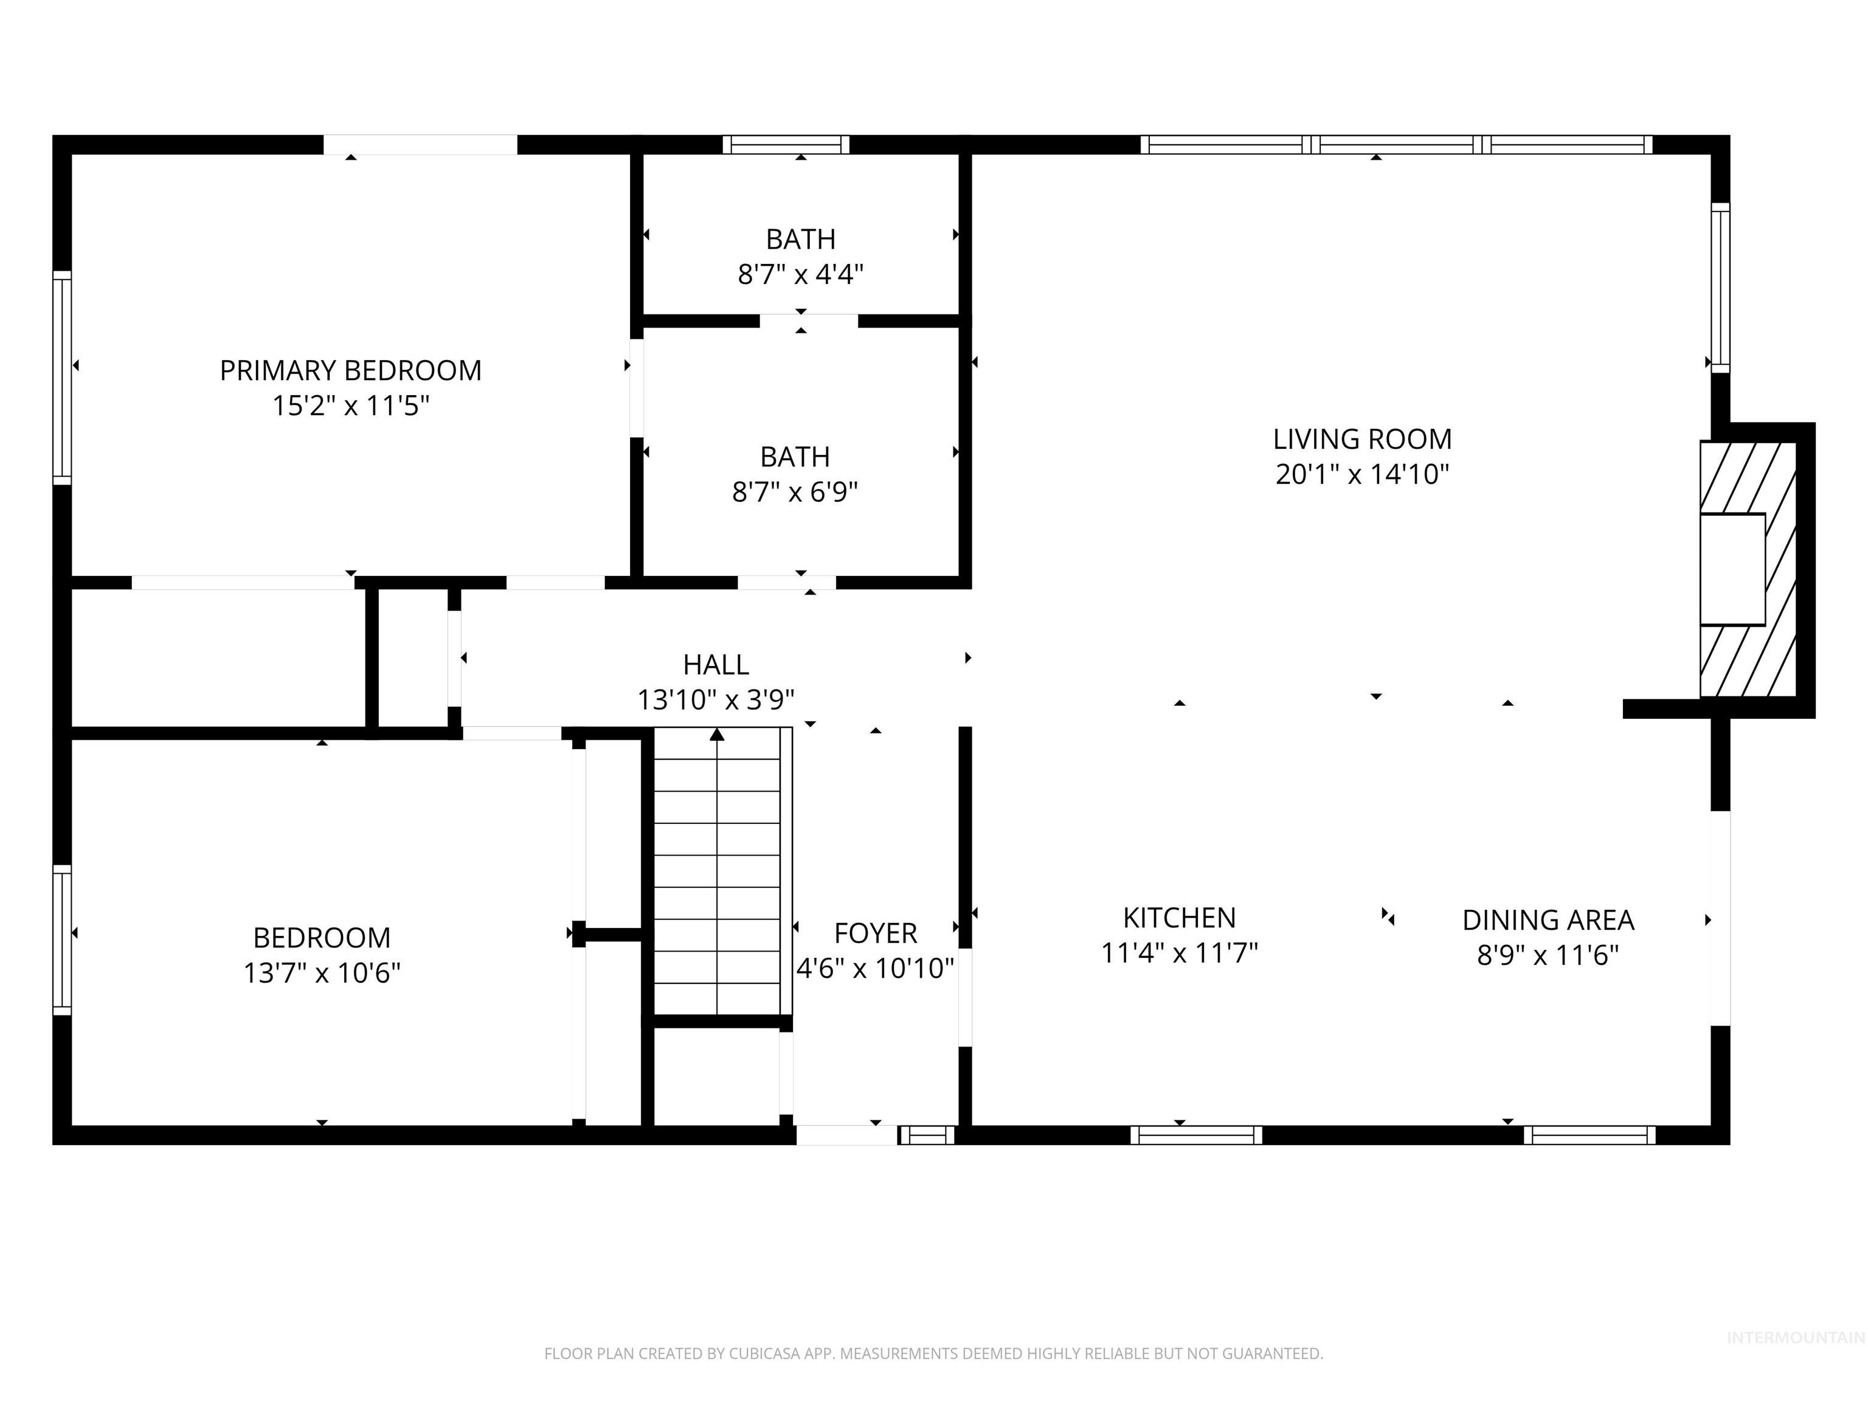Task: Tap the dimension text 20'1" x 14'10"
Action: (x=1361, y=474)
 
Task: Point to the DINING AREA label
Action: (x=1548, y=919)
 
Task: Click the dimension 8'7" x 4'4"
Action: (x=801, y=274)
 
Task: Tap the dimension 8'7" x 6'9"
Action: (x=795, y=491)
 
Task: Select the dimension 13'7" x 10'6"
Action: (x=322, y=973)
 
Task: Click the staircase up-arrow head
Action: (x=717, y=735)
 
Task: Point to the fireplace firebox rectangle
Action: (x=1732, y=569)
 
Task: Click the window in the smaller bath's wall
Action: (x=786, y=144)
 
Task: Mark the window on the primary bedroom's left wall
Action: (x=61, y=378)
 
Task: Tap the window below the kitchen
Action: (x=1196, y=1135)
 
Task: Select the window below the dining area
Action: (x=1590, y=1135)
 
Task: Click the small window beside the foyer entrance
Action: (x=927, y=1135)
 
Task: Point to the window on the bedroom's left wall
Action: (x=61, y=939)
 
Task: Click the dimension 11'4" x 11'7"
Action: (x=1179, y=953)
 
